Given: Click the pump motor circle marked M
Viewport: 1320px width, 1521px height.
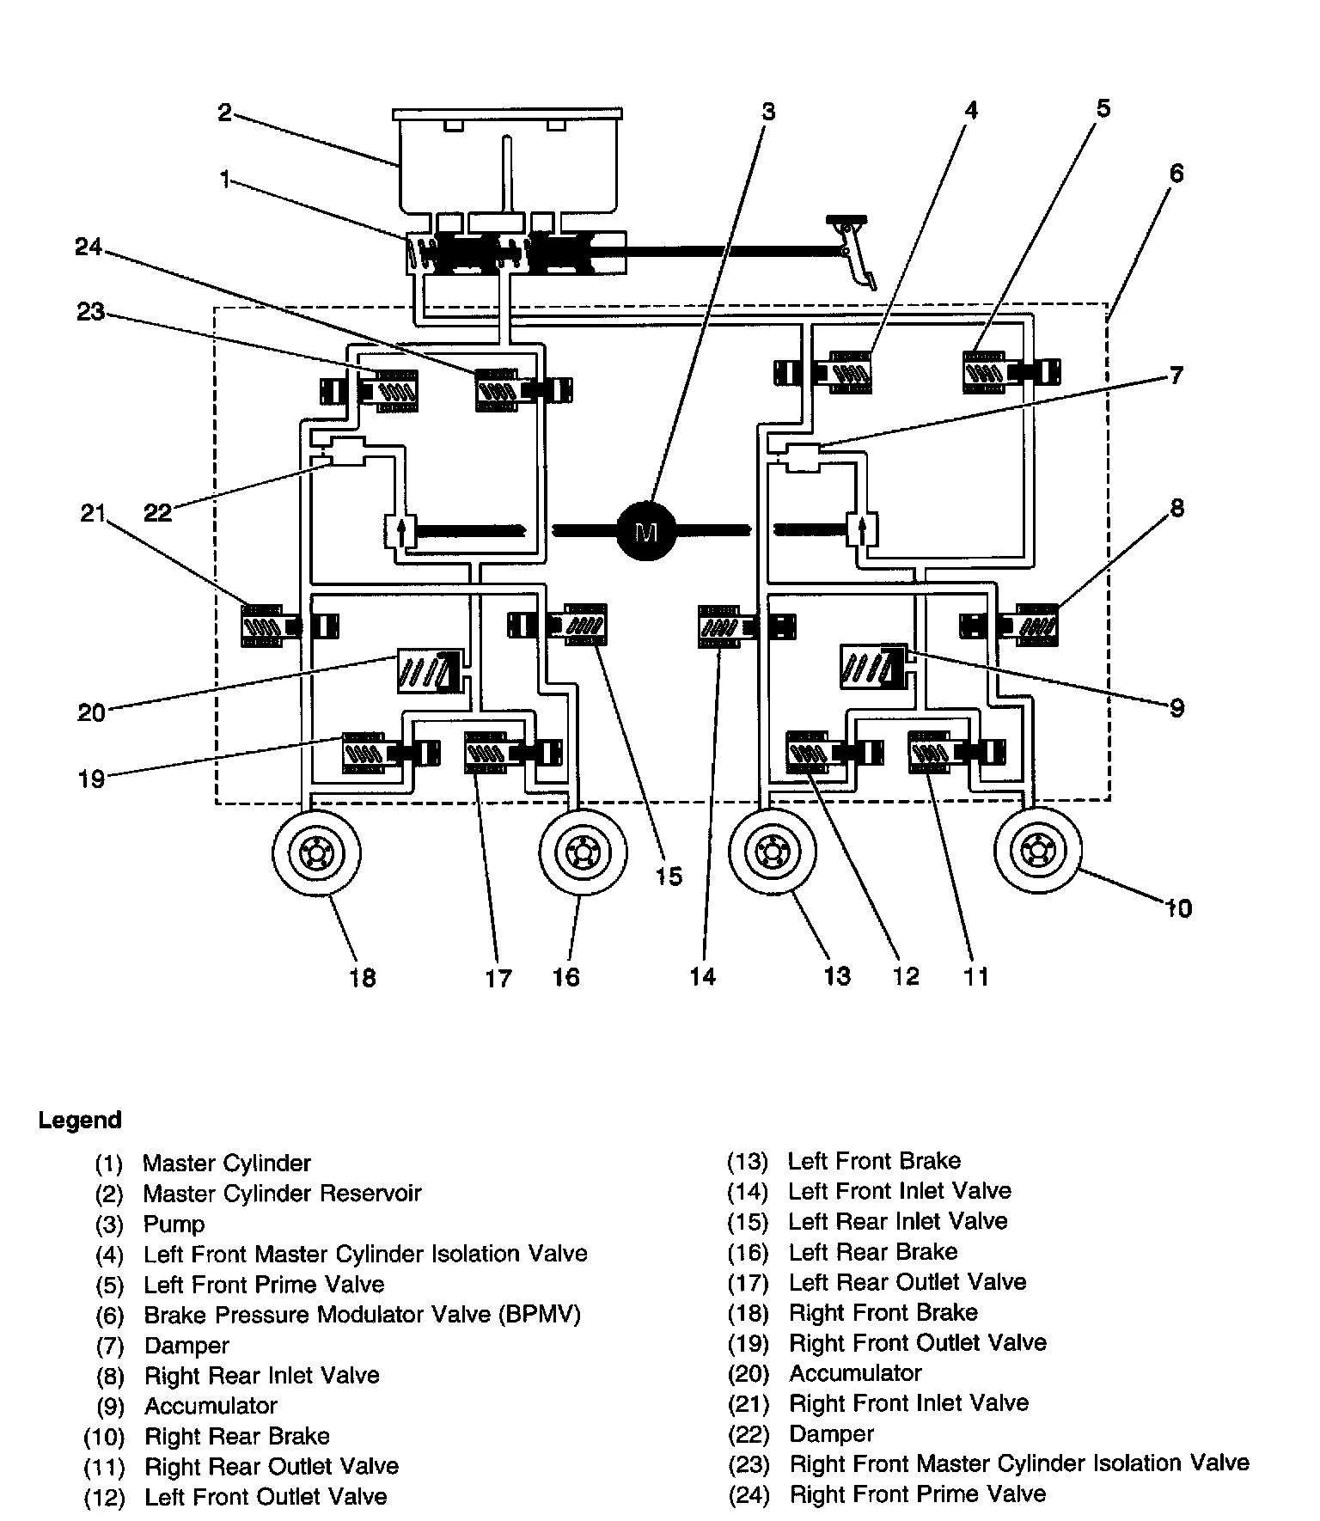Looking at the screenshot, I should (x=647, y=530).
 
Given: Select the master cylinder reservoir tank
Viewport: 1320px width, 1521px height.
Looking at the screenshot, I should (x=507, y=163).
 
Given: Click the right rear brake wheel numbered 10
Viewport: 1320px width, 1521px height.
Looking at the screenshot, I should (x=1038, y=852).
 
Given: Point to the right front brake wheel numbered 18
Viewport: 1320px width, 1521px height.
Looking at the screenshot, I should (x=316, y=852).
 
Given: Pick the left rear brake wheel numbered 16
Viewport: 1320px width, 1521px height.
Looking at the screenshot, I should (x=583, y=852).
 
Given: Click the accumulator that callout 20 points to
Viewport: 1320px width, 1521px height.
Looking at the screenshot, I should (x=426, y=671).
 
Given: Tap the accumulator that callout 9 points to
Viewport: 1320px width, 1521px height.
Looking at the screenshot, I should (x=871, y=666).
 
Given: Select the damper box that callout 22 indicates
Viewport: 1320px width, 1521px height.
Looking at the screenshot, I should (x=348, y=451).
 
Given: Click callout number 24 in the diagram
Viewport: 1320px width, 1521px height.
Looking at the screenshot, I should (x=88, y=247).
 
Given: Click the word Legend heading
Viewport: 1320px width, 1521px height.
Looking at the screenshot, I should (x=80, y=1121).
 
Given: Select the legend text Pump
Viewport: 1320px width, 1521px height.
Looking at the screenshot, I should (x=174, y=1224).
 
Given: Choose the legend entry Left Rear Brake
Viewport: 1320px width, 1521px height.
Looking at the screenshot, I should (x=872, y=1252).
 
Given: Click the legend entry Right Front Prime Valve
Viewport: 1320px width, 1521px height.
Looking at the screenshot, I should (x=917, y=1494).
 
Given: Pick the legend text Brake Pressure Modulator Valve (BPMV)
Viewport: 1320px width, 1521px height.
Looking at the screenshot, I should (x=362, y=1315).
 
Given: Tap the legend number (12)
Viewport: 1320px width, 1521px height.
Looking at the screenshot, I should (x=104, y=1497).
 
